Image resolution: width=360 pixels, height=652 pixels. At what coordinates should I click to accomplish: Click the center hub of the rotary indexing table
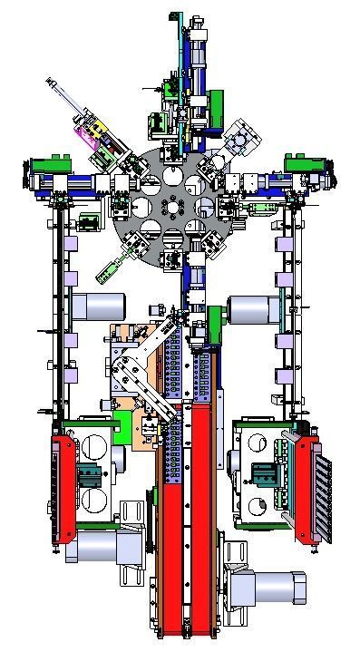170,207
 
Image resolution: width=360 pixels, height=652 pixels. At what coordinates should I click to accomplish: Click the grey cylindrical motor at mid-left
92,306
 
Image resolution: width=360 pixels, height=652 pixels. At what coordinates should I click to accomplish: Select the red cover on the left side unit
64,490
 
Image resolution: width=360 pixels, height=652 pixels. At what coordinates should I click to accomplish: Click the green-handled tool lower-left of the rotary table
110,267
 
